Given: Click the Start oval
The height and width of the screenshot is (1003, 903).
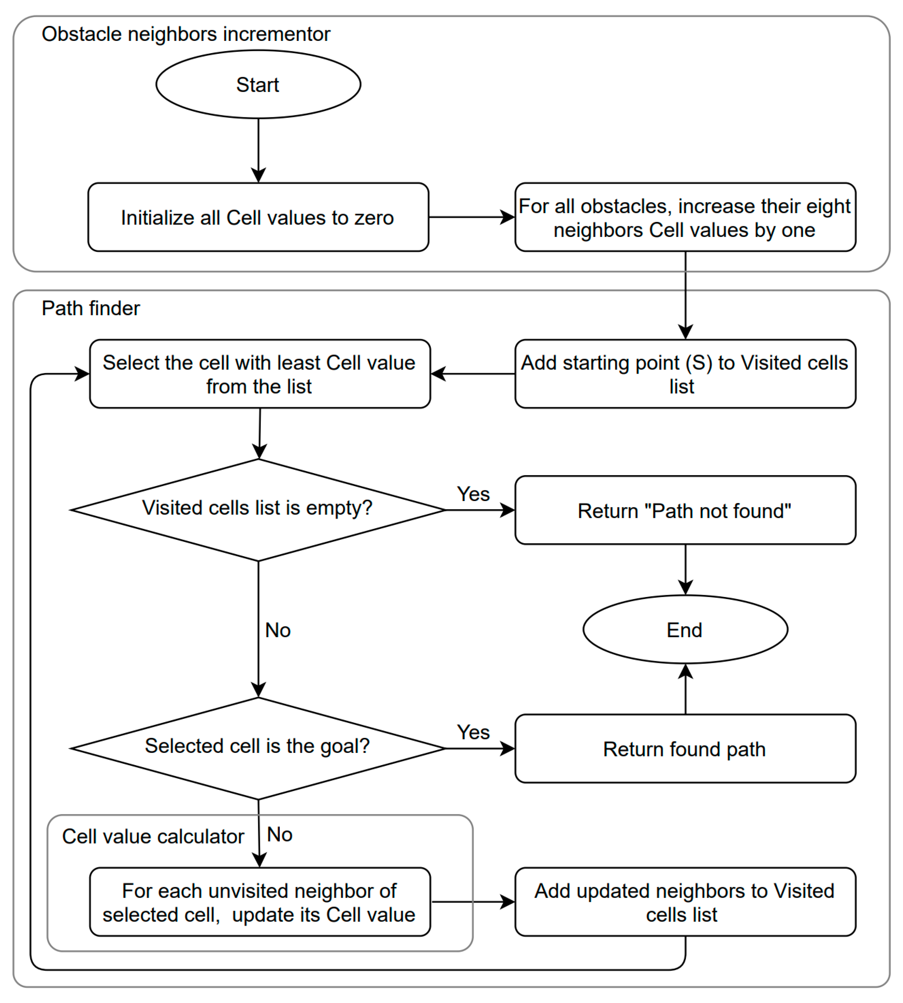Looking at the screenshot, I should click(x=258, y=84).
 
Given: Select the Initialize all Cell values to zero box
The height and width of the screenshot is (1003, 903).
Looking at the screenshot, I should click(x=258, y=217).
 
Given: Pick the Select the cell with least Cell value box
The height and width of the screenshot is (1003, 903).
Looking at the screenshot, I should click(x=260, y=374).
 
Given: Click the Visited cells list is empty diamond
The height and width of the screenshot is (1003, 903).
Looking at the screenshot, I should click(x=258, y=510).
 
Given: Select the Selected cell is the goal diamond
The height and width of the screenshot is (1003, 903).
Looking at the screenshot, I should click(x=258, y=748).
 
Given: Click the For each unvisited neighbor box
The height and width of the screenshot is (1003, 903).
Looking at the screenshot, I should click(x=260, y=902).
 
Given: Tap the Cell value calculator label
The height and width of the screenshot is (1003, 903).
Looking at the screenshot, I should click(x=153, y=836).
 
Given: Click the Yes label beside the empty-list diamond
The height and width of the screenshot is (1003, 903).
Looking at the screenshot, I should click(x=473, y=494).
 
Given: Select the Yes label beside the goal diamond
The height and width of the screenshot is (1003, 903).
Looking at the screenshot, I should click(x=473, y=732).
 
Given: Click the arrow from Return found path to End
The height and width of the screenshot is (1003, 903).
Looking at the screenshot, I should click(x=685, y=689).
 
